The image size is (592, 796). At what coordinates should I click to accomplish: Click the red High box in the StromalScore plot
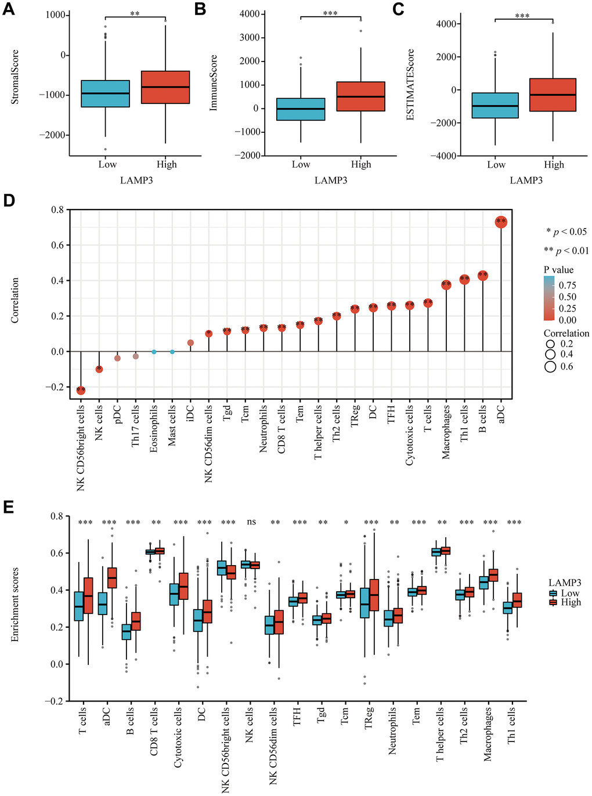[x=165, y=88]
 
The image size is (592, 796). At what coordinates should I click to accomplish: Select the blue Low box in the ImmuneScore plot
[x=301, y=109]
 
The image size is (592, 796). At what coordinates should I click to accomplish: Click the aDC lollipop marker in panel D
[x=501, y=222]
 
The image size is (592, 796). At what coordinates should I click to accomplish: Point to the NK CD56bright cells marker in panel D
[x=81, y=390]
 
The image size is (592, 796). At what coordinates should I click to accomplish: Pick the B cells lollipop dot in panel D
[x=482, y=276]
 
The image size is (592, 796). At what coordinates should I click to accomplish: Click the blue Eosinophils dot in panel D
[x=154, y=352]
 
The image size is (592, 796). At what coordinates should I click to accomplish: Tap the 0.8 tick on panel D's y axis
[x=57, y=210]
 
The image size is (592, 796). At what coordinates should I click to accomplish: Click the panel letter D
[x=9, y=200]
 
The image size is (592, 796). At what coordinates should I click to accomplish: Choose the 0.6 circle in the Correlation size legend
[x=550, y=367]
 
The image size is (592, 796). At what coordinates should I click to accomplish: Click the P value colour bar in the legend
[x=549, y=298]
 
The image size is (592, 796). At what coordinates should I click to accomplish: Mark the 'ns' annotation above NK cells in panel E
[x=251, y=522]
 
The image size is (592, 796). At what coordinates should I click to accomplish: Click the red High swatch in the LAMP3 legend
[x=554, y=602]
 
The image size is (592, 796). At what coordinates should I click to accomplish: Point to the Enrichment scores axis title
[x=15, y=604]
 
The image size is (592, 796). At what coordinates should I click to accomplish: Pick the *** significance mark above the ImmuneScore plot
[x=330, y=13]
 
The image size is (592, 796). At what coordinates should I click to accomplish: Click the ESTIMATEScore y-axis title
[x=411, y=85]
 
